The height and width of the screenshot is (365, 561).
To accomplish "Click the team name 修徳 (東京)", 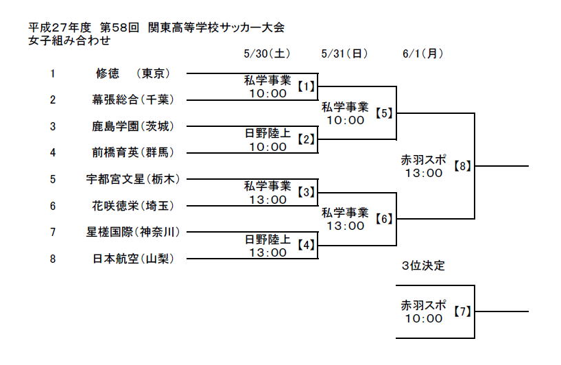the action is tap(133, 73).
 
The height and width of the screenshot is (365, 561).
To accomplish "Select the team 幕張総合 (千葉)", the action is tap(133, 99).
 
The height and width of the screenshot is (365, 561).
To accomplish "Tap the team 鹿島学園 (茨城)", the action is tap(133, 126).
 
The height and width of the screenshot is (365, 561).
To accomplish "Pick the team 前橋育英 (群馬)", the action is tap(133, 152).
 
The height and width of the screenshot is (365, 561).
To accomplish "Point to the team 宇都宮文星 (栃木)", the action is tap(133, 179).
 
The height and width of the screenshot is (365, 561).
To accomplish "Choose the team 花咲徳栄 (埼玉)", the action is tap(133, 206).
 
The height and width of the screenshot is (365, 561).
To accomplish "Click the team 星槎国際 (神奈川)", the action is tap(133, 232).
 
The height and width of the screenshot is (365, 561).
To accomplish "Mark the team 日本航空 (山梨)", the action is tap(133, 259).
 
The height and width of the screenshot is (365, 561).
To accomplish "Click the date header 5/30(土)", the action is tap(267, 54).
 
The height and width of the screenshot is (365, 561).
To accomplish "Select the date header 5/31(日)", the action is tap(344, 54).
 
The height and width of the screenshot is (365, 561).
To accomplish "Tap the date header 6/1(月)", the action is tap(422, 54).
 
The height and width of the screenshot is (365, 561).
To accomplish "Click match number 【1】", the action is tap(306, 86).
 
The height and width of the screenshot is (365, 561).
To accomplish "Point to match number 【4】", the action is tap(306, 245).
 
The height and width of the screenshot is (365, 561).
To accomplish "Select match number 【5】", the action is tap(384, 113).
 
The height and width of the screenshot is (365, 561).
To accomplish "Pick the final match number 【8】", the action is tap(462, 166).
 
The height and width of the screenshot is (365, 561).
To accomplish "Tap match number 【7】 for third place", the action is tap(462, 311).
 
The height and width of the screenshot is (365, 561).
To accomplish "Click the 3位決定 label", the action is tap(423, 266).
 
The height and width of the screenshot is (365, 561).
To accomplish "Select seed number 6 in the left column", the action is tap(53, 206).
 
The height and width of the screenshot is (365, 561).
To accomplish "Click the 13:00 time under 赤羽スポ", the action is tap(424, 173).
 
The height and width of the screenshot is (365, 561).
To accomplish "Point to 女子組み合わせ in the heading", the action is tap(69, 40).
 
